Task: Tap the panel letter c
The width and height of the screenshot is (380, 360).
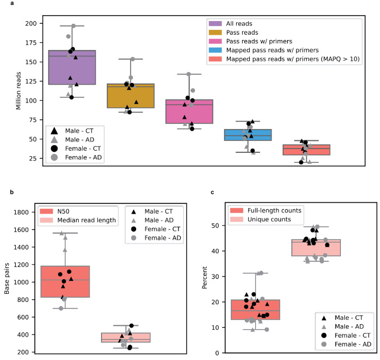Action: coord(204,192)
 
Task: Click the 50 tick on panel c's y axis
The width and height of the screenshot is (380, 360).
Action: coord(217,226)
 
